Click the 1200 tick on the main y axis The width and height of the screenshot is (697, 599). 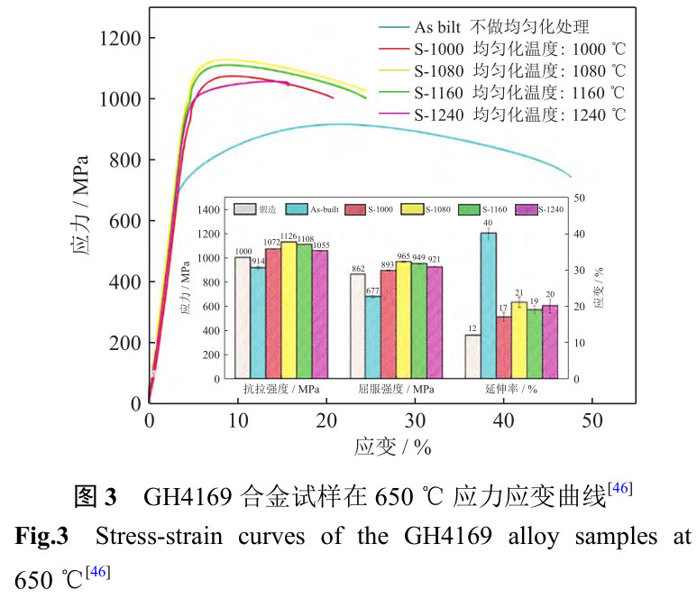[119, 39]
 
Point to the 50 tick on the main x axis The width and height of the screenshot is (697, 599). [591, 420]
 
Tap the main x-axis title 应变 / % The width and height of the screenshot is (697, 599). [392, 447]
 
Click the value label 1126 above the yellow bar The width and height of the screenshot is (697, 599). [289, 236]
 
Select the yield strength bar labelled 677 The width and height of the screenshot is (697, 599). [372, 336]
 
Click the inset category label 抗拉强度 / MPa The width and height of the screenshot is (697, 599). [273, 390]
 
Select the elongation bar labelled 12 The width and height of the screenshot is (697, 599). [472, 356]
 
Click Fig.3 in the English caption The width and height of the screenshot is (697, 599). [42, 537]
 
